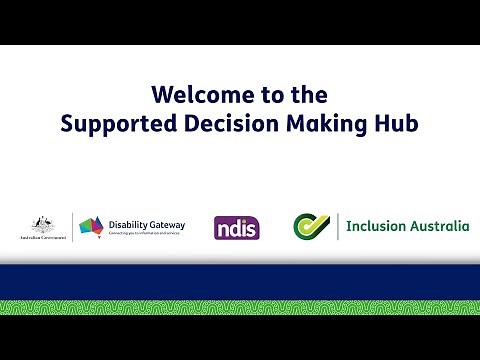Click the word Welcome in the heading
pos(194,95)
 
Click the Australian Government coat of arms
pos(42,223)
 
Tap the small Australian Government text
pos(42,239)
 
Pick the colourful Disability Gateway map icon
pos(92,227)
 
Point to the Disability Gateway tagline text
pos(146,234)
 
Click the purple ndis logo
pos(236,228)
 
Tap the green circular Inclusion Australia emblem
pos(311,227)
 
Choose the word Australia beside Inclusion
pos(437,227)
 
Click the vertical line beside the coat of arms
pos(72,227)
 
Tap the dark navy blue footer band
pos(240,282)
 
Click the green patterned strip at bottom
pos(240,307)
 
